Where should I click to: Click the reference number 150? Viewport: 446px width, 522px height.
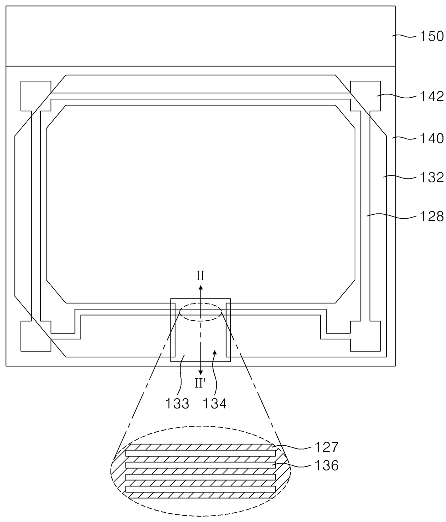tap(431, 36)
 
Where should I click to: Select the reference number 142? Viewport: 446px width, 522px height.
tap(431, 97)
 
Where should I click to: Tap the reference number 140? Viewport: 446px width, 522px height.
tap(431, 139)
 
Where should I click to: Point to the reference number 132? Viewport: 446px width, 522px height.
tap(431, 178)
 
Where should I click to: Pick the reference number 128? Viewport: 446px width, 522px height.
tap(431, 217)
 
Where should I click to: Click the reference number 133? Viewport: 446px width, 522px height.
tap(177, 403)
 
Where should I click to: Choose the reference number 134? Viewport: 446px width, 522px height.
tap(215, 403)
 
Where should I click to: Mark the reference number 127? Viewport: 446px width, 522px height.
tap(326, 447)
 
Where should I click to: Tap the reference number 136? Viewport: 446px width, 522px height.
tap(326, 465)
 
